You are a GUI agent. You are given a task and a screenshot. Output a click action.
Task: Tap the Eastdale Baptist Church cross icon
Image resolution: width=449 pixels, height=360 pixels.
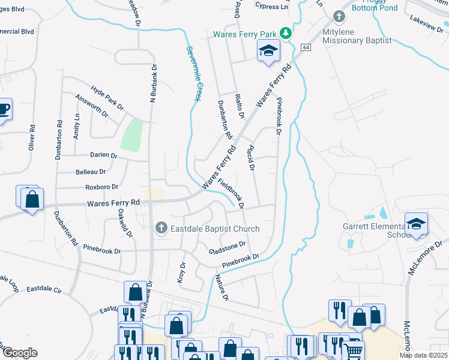point(161,228)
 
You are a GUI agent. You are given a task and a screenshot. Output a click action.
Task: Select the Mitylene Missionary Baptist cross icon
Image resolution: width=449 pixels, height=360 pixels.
point(339,17)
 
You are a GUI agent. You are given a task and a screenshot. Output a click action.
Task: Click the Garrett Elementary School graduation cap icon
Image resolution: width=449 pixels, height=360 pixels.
point(416,224)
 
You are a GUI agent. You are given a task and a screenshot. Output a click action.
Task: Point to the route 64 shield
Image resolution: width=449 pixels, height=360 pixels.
point(306,47)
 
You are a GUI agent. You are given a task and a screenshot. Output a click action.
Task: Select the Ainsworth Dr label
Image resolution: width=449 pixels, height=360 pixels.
point(92,105)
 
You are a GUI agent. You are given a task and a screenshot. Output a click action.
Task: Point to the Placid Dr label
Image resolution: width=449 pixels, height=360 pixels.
point(251,158)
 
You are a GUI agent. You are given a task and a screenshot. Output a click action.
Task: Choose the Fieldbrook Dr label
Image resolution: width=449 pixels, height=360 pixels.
point(231,193)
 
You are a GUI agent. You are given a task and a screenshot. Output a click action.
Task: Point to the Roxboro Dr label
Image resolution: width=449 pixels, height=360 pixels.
point(101,187)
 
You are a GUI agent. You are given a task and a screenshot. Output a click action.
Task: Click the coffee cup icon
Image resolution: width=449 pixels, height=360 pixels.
point(4,109)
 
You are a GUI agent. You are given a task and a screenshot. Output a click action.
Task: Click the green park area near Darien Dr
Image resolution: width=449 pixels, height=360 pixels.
point(132,136)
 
